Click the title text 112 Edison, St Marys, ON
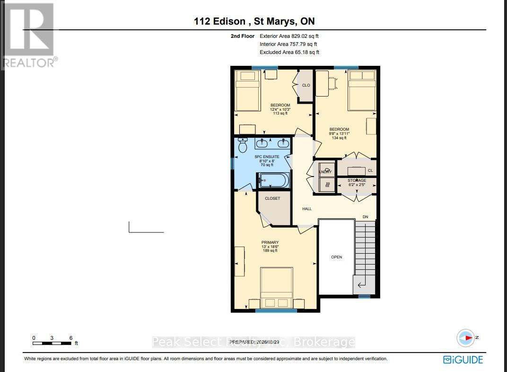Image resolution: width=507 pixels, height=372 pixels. pyautogui.click(x=254, y=21)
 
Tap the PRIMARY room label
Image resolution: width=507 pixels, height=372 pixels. pyautogui.click(x=271, y=242)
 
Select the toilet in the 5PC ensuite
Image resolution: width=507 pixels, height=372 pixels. pyautogui.click(x=243, y=146)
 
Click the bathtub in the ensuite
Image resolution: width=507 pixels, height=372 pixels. pyautogui.click(x=273, y=180)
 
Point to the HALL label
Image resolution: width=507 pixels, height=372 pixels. pyautogui.click(x=307, y=209)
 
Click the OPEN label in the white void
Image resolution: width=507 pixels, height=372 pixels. pyautogui.click(x=336, y=257)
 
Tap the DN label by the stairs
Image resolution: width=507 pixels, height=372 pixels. pyautogui.click(x=365, y=217)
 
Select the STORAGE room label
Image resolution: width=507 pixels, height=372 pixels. pyautogui.click(x=357, y=180)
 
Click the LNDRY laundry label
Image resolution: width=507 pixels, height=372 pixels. pyautogui.click(x=325, y=172)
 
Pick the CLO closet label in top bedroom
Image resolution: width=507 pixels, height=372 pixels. pyautogui.click(x=306, y=85)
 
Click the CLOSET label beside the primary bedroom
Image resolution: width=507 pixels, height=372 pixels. pyautogui.click(x=272, y=198)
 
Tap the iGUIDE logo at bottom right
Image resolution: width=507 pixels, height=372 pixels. pyautogui.click(x=463, y=360)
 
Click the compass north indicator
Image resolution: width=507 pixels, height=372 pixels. pyautogui.click(x=466, y=338)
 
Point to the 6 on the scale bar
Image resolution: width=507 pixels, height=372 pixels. pyautogui.click(x=71, y=338)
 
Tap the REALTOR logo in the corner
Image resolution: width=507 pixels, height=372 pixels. pyautogui.click(x=28, y=35)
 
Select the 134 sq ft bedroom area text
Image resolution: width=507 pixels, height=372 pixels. pyautogui.click(x=339, y=138)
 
